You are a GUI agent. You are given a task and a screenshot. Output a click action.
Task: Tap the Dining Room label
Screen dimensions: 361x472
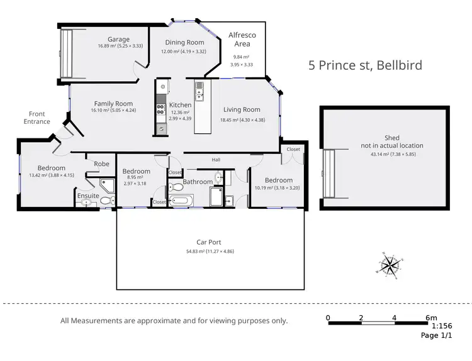point(184,43)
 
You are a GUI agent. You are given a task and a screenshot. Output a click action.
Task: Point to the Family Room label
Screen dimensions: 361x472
point(113,104)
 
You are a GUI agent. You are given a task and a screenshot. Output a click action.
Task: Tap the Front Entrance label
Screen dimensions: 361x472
point(37,118)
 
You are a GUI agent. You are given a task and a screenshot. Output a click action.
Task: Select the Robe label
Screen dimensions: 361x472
point(101,164)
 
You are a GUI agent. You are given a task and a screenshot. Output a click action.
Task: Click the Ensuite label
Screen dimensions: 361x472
point(89,196)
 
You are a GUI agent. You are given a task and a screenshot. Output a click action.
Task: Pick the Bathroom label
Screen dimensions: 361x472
point(198,182)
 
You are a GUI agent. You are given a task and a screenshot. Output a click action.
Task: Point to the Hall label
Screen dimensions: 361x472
point(216,160)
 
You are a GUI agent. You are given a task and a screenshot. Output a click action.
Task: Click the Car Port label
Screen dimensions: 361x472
point(211,242)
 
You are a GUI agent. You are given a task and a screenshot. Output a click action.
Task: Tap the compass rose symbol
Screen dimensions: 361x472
point(390,265)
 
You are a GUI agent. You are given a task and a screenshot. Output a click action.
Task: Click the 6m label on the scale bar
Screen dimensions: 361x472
point(430,317)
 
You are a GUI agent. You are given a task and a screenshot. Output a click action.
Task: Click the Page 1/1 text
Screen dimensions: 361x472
point(437,336)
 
